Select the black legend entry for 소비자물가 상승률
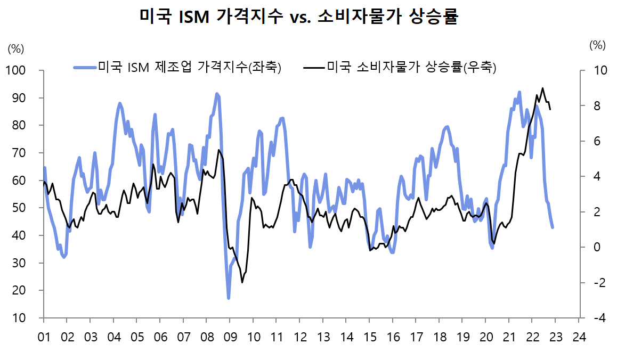click(400, 68)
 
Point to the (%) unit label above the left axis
click(16, 49)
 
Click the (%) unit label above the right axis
click(598, 46)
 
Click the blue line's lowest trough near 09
click(229, 298)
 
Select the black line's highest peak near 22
click(542, 88)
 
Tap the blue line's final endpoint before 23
click(553, 227)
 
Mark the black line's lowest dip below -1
click(242, 282)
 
